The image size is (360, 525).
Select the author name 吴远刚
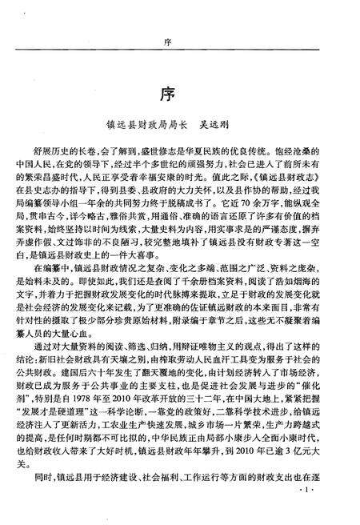point(228,124)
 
